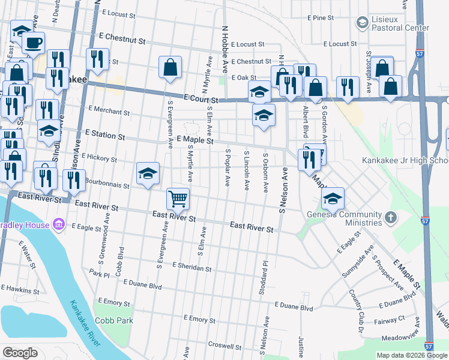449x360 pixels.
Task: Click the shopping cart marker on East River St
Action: pyautogui.click(x=178, y=199)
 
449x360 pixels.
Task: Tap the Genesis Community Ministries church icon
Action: pyautogui.click(x=390, y=217)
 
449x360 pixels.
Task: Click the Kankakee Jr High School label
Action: pyautogui.click(x=405, y=161)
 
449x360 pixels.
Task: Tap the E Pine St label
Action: pyautogui.click(x=320, y=18)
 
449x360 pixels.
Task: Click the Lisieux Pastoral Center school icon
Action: pyautogui.click(x=362, y=23)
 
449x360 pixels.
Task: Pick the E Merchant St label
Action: pyautogui.click(x=109, y=111)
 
